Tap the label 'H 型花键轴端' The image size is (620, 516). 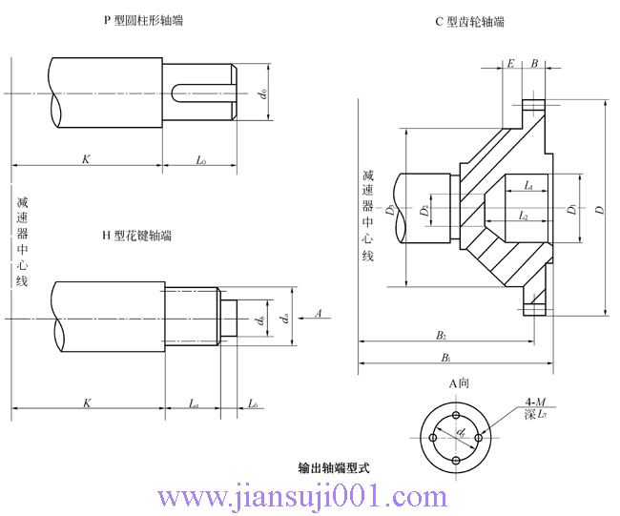[x=137, y=235]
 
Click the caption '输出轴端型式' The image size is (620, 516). [x=333, y=468]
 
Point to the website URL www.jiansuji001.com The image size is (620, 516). [x=303, y=497]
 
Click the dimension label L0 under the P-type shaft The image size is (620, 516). [x=201, y=160]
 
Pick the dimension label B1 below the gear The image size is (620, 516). [x=444, y=357]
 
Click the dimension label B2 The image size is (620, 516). [x=442, y=335]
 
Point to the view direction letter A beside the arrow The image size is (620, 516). [x=318, y=312]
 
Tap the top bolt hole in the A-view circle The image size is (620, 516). [x=458, y=418]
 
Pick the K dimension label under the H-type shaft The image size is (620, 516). [x=87, y=403]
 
